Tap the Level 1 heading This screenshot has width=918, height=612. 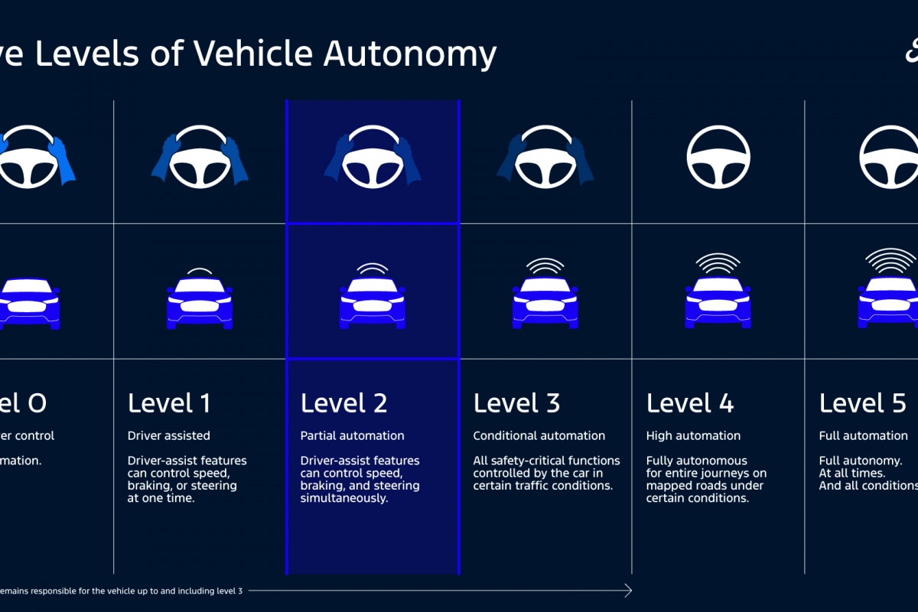point(169,402)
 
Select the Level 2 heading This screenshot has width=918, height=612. point(343,402)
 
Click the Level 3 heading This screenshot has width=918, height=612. point(516,402)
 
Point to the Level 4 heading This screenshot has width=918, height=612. point(690,402)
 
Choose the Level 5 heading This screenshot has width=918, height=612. point(863,402)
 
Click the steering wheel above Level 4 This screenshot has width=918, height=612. point(718,157)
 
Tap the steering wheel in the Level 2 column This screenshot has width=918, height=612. point(373,157)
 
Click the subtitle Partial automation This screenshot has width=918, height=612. point(352,436)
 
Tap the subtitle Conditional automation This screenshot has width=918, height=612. point(539,436)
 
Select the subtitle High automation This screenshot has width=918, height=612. point(693,436)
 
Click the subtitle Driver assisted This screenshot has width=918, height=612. point(168,436)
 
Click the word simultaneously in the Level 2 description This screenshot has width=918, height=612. point(344,498)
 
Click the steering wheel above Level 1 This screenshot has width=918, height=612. point(200,157)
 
